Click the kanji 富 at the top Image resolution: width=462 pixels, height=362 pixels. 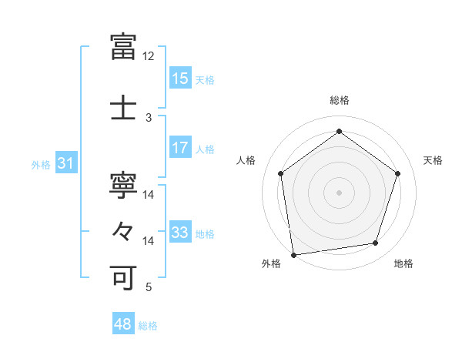pyautogui.click(x=124, y=47)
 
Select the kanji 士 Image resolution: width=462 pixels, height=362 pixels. pyautogui.click(x=124, y=108)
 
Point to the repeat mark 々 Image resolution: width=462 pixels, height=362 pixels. pyautogui.click(x=124, y=230)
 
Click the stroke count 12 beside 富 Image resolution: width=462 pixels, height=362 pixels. pyautogui.click(x=149, y=56)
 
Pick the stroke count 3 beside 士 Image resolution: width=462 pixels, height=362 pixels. pyautogui.click(x=149, y=118)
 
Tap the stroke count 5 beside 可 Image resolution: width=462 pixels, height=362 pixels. pyautogui.click(x=149, y=287)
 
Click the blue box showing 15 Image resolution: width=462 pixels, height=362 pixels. pyautogui.click(x=180, y=79)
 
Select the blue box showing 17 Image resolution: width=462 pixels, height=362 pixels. pyautogui.click(x=180, y=148)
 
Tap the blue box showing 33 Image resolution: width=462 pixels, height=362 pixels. pyautogui.click(x=180, y=233)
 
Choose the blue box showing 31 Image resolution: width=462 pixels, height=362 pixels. pyautogui.click(x=65, y=164)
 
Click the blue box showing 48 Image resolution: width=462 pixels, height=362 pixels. pyautogui.click(x=123, y=325)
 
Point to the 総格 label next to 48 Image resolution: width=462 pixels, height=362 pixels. pyautogui.click(x=148, y=326)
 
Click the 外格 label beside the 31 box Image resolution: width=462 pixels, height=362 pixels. pyautogui.click(x=41, y=165)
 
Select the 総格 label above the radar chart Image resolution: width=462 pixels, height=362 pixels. pyautogui.click(x=339, y=100)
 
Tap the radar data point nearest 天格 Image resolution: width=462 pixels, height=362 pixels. pyautogui.click(x=397, y=173)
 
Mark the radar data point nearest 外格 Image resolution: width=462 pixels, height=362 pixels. pyautogui.click(x=293, y=254)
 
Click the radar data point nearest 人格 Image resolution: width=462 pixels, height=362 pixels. pyautogui.click(x=281, y=173)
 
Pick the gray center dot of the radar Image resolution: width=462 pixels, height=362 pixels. pyautogui.click(x=339, y=192)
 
